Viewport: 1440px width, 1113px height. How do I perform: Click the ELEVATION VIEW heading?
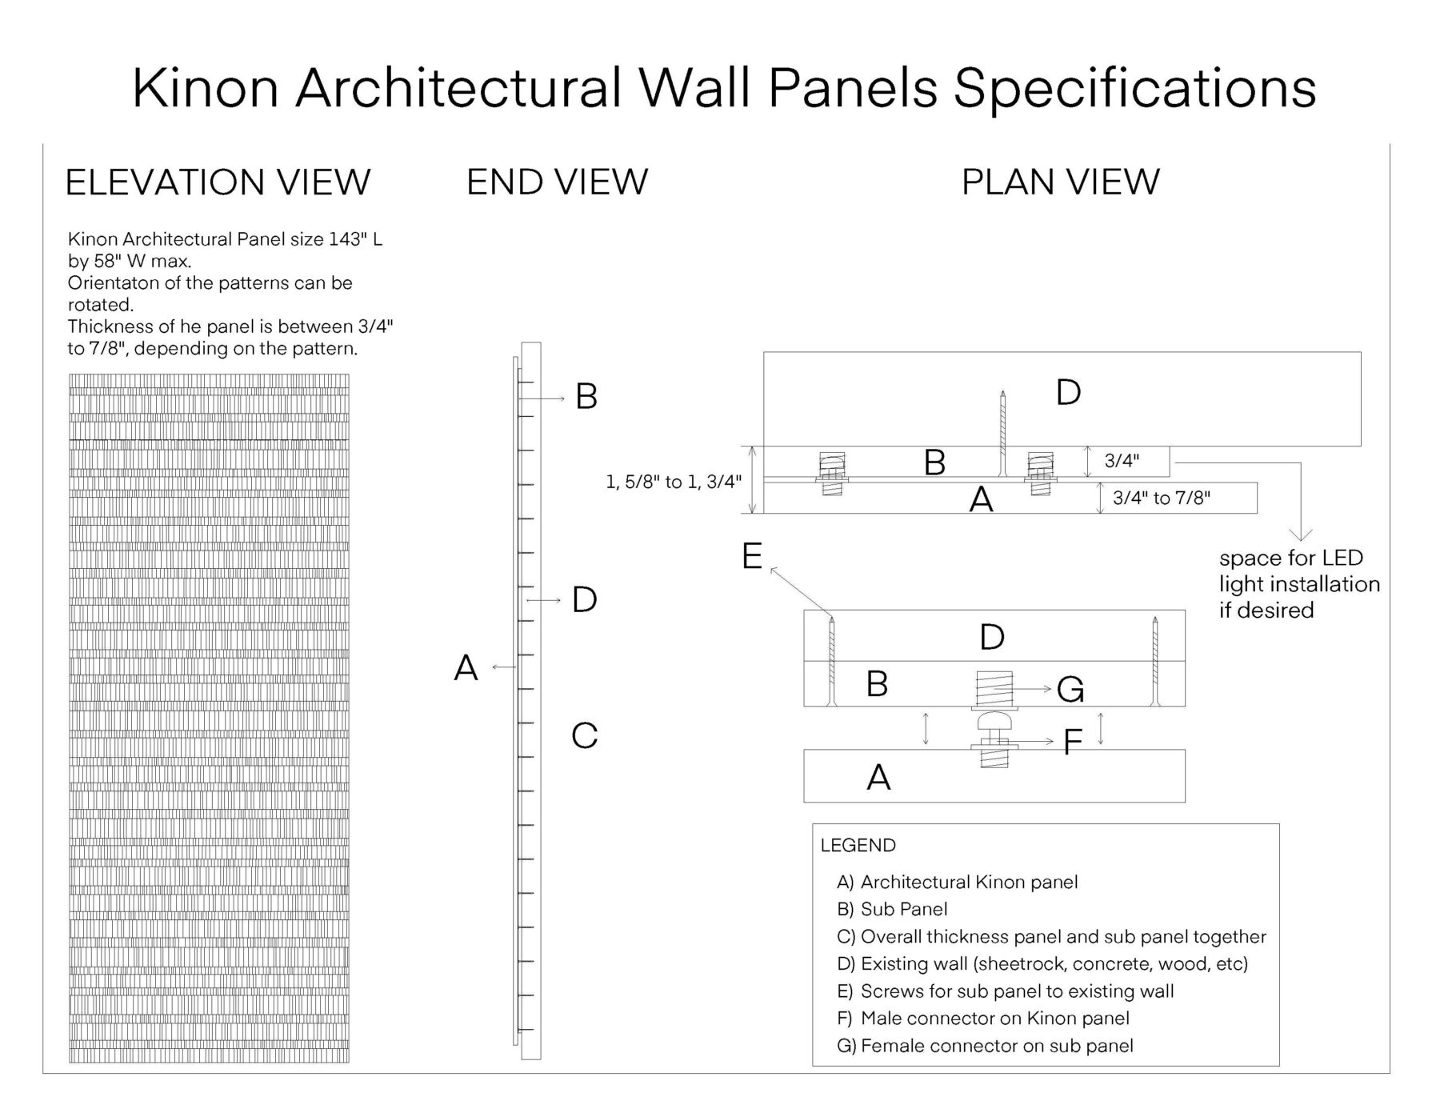point(218,182)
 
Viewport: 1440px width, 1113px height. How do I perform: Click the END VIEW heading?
point(557,182)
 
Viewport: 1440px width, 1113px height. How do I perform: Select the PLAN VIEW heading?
point(1060,182)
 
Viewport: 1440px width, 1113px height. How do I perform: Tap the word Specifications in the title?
point(1135,88)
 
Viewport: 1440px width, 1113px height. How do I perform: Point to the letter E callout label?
point(751,556)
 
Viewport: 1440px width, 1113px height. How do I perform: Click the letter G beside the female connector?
point(1070,689)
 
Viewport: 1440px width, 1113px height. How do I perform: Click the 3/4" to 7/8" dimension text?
point(1161,498)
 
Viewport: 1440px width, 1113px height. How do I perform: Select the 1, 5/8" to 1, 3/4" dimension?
point(674,482)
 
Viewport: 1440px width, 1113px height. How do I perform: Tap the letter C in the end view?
point(584,736)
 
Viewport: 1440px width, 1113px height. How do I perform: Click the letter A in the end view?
point(466,667)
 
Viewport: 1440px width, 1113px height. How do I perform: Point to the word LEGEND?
point(858,846)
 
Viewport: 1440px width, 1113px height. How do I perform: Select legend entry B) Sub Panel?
point(892,910)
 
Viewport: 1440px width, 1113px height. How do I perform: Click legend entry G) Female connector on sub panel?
point(985,1046)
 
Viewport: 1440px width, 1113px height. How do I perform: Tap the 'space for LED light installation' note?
point(1298,584)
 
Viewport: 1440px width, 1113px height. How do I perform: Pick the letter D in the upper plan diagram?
point(1068,392)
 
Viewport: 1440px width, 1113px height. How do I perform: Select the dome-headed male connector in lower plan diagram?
point(994,722)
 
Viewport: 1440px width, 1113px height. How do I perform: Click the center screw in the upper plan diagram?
point(1002,432)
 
